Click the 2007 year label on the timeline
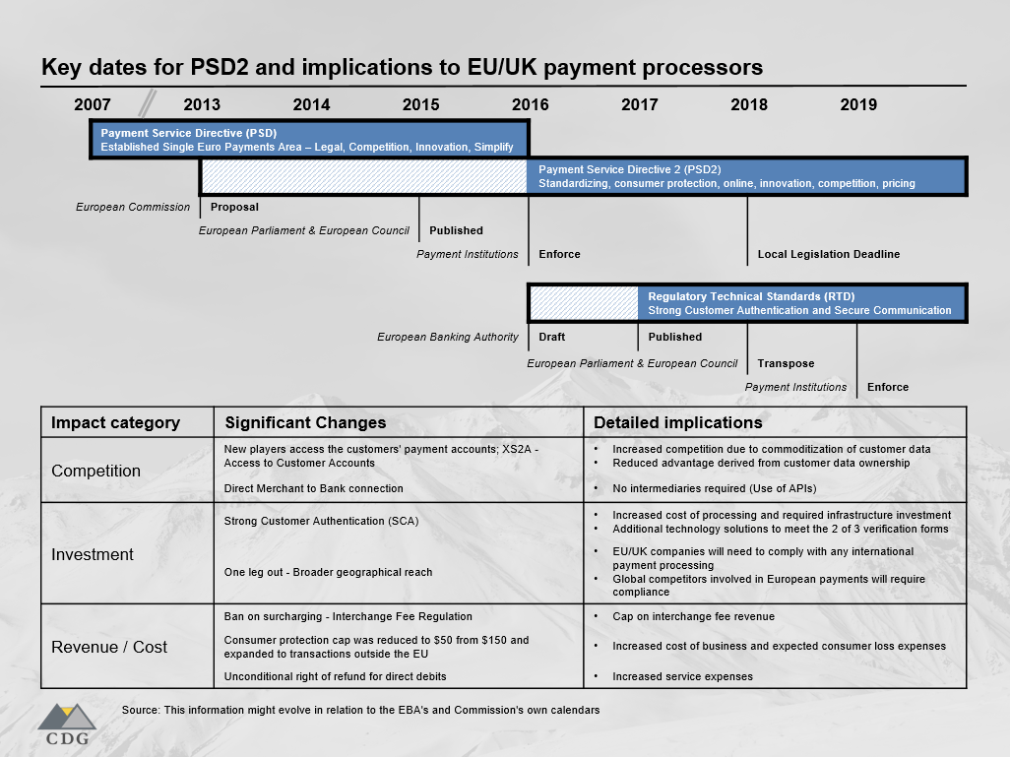tap(93, 104)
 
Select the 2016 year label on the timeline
tap(531, 104)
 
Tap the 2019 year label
tap(858, 104)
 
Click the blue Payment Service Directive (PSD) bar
tap(309, 140)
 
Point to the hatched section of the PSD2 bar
tap(364, 176)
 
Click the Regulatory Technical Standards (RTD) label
tap(751, 296)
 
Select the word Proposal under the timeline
tap(234, 207)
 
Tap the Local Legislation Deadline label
tap(828, 254)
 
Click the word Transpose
tap(786, 363)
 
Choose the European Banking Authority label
tap(447, 337)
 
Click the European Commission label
tap(133, 207)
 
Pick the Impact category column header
tap(115, 422)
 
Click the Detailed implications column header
tap(677, 422)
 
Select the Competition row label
tap(95, 471)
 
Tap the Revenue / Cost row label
tap(109, 647)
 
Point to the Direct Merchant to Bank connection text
tap(313, 488)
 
